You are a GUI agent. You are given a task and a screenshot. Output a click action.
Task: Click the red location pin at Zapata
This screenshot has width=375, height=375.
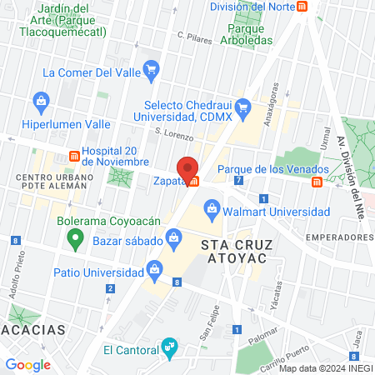point(187,167)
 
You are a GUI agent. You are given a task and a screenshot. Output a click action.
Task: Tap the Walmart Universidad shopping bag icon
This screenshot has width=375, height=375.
point(212,205)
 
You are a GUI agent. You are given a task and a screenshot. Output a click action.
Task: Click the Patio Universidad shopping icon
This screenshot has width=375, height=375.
point(153,269)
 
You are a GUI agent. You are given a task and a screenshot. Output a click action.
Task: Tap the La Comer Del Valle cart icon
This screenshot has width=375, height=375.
point(151,68)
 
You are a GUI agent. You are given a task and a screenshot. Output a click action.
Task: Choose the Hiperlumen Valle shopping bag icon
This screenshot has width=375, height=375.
point(41,102)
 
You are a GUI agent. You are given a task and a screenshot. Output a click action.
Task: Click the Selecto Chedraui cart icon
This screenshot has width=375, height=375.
point(243,107)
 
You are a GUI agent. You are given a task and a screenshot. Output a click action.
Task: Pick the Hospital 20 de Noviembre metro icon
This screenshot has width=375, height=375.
point(74,156)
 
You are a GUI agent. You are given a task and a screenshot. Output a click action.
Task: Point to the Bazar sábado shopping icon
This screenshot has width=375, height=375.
point(173,237)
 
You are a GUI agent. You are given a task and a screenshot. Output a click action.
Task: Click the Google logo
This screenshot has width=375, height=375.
point(27,364)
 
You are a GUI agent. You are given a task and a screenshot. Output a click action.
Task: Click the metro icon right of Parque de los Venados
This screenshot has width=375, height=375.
point(317,182)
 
